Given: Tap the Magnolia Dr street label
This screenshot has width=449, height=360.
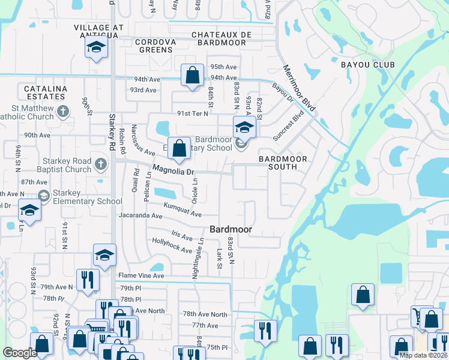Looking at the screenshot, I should tap(174, 172).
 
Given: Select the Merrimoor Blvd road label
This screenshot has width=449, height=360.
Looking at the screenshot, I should tap(299, 87).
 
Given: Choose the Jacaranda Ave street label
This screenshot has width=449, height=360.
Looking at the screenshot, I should tap(141, 215).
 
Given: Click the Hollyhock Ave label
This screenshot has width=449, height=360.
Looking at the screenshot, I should tap(172, 245).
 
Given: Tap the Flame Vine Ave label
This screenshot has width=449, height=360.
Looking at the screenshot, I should tap(141, 276).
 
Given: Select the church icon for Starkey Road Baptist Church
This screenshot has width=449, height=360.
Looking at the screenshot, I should tap(100, 163).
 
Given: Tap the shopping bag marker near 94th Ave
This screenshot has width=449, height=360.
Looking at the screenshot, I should tap(192, 76).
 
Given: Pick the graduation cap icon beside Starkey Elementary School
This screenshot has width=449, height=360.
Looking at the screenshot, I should tap(43, 196).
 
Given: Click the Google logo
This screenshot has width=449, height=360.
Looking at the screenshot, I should tap(20, 353).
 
